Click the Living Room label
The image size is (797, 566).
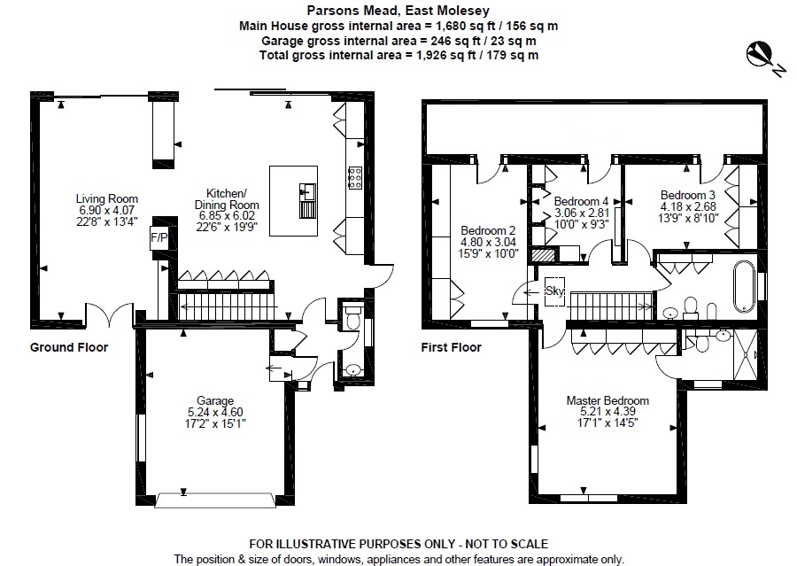(106, 198)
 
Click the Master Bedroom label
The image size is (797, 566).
(607, 400)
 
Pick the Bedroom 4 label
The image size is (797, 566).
(581, 201)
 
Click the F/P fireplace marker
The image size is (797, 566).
(159, 237)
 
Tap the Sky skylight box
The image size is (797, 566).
(555, 291)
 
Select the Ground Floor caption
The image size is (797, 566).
(69, 347)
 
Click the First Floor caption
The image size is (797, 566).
(451, 347)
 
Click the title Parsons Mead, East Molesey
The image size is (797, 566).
(398, 11)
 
